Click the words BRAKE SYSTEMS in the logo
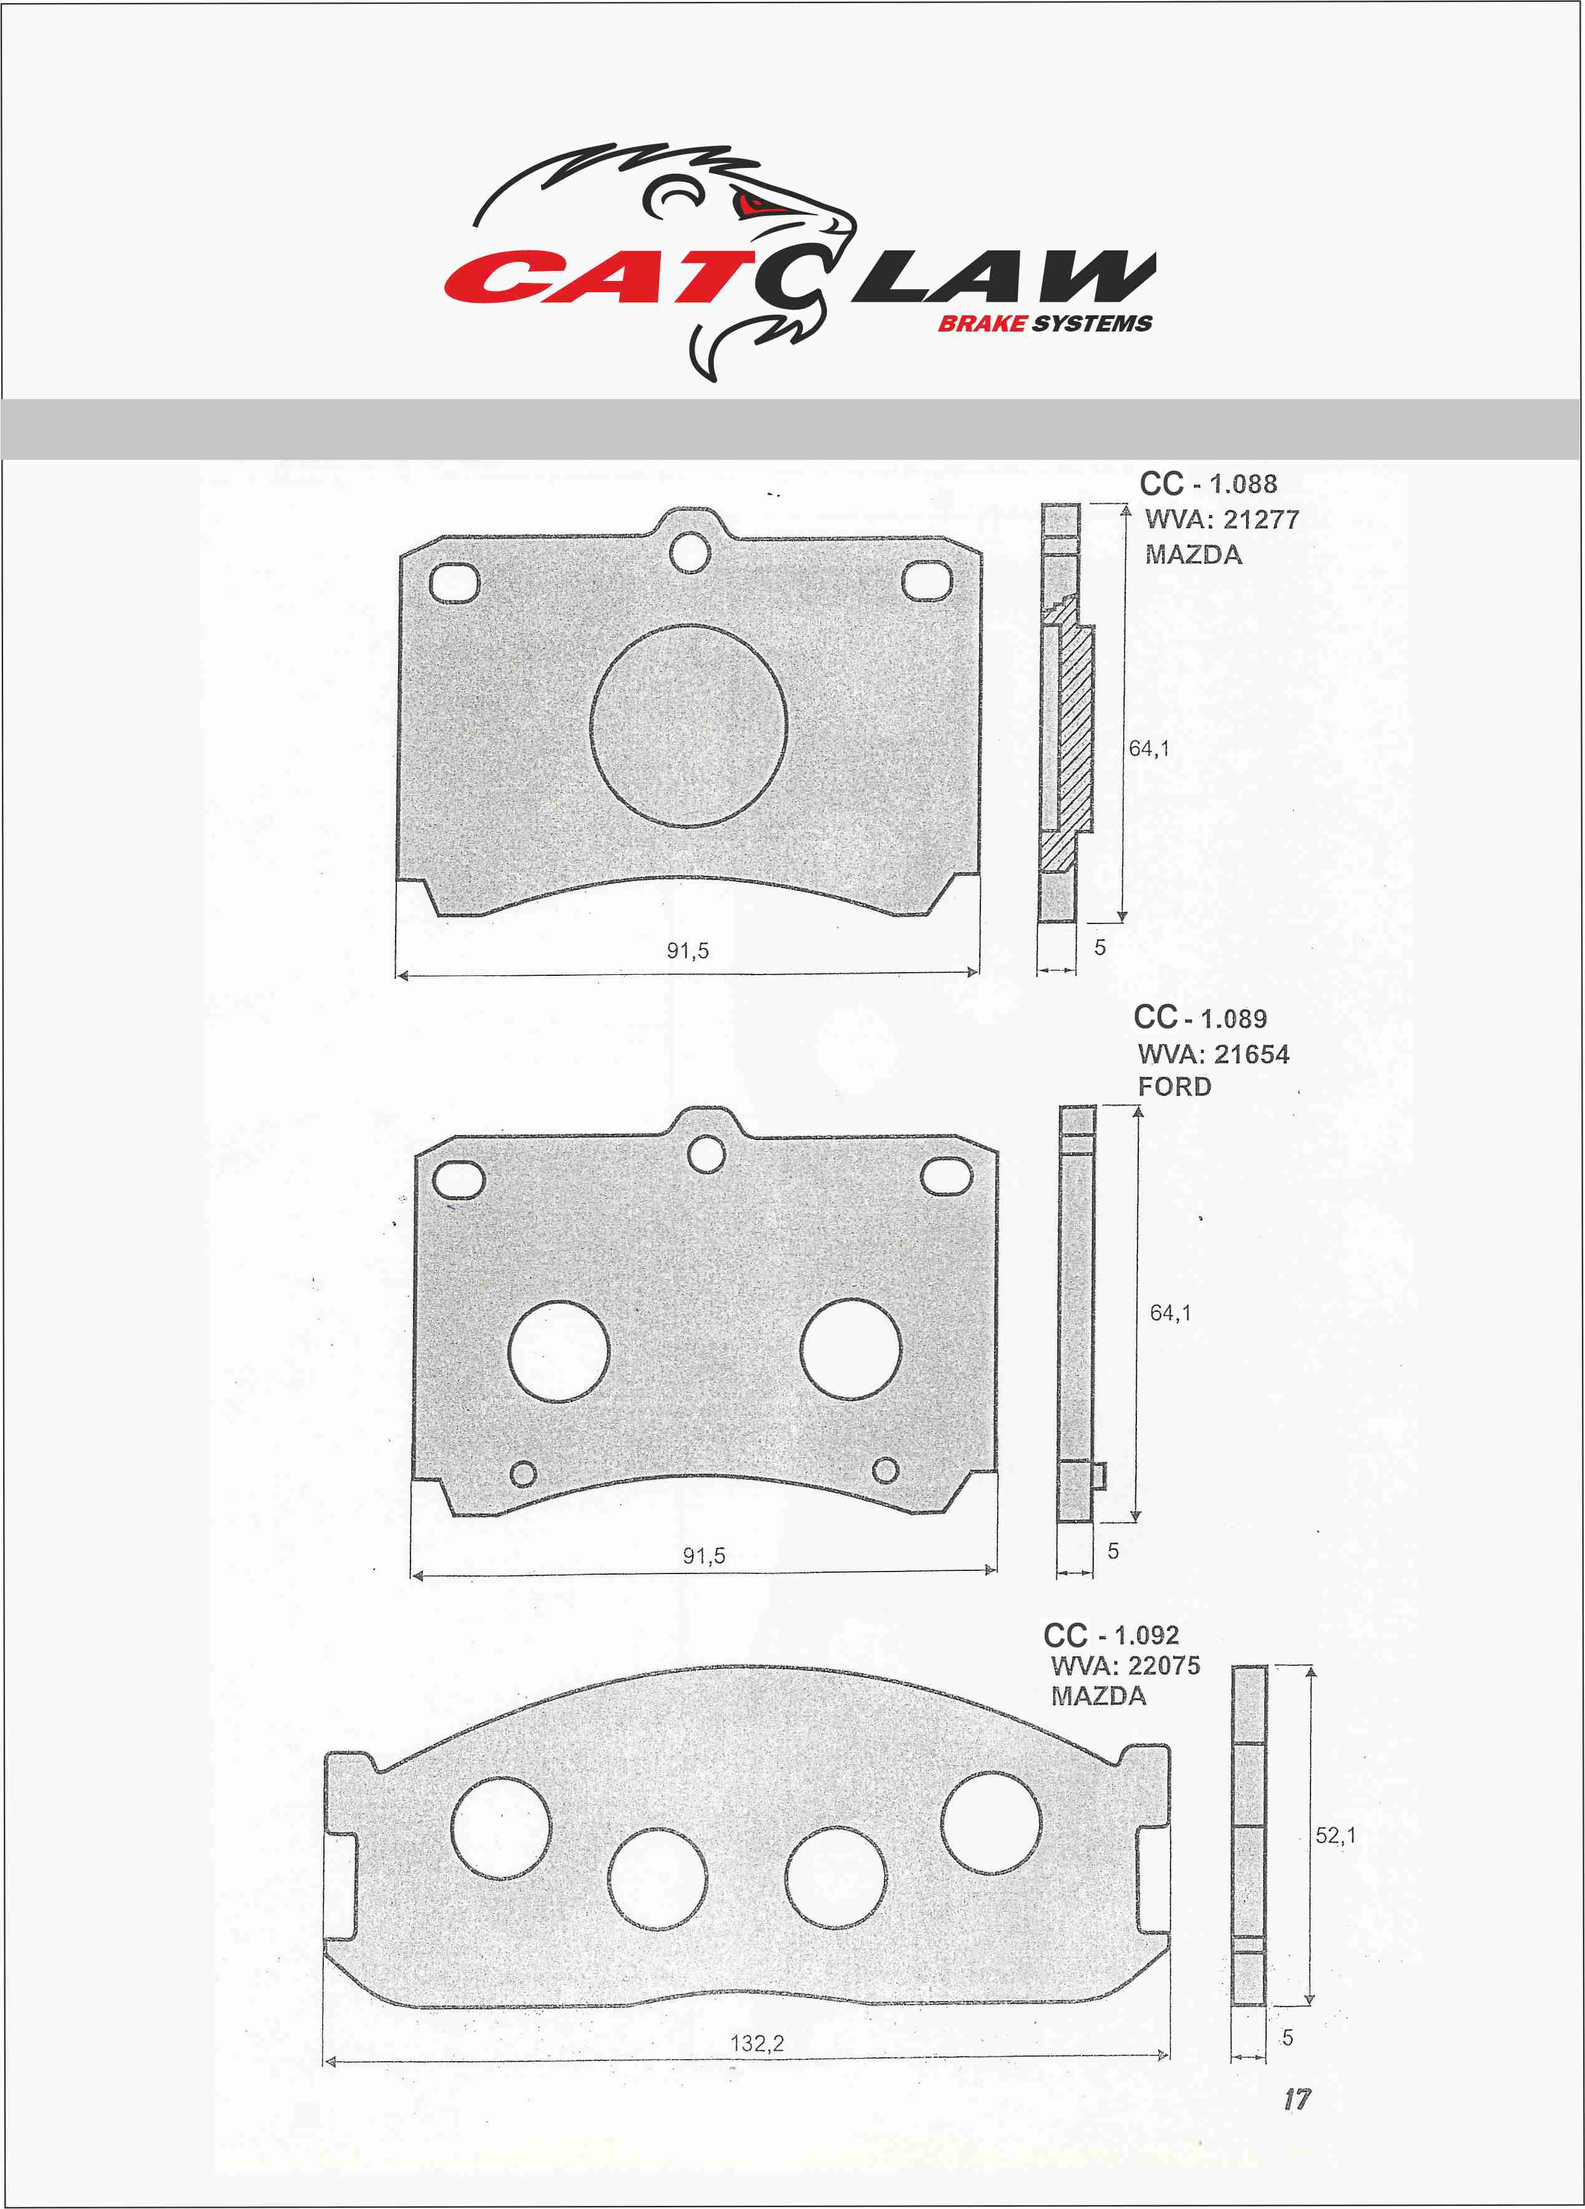(x=1045, y=323)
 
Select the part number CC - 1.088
(x=1208, y=483)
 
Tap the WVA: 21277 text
(x=1222, y=519)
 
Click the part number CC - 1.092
(x=1111, y=1635)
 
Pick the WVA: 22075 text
(x=1126, y=1666)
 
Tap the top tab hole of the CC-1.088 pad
(x=690, y=552)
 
